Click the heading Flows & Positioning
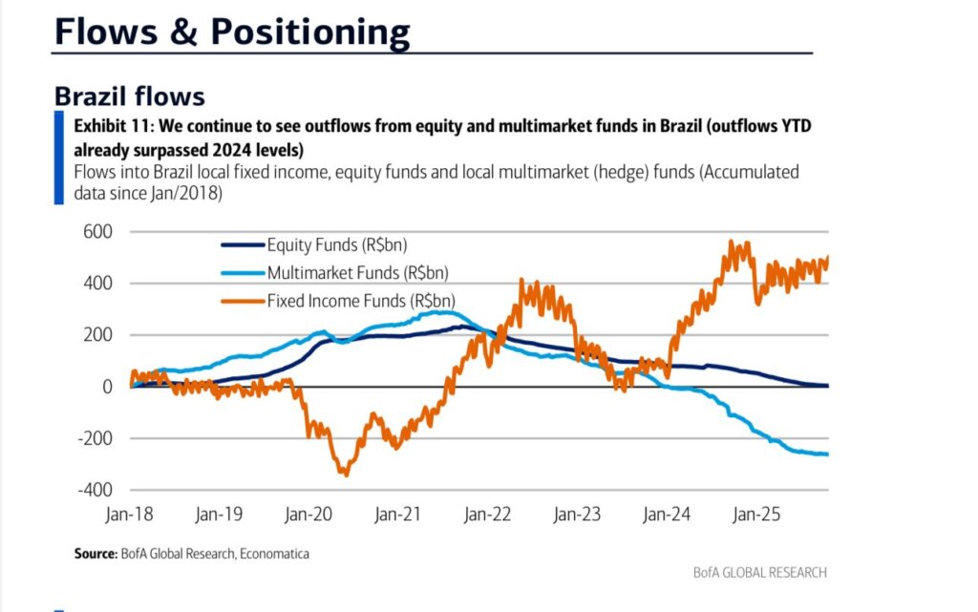click(x=232, y=31)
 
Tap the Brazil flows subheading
click(x=129, y=96)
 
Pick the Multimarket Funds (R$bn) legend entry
click(x=357, y=272)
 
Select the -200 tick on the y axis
click(x=93, y=438)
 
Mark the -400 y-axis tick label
click(x=93, y=490)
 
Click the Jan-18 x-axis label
click(x=129, y=514)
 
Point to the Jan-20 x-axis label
click(x=308, y=514)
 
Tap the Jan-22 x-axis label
click(x=487, y=514)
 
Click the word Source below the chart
click(x=95, y=554)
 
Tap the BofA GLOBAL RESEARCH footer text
click(x=760, y=573)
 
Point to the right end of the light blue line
click(x=827, y=454)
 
